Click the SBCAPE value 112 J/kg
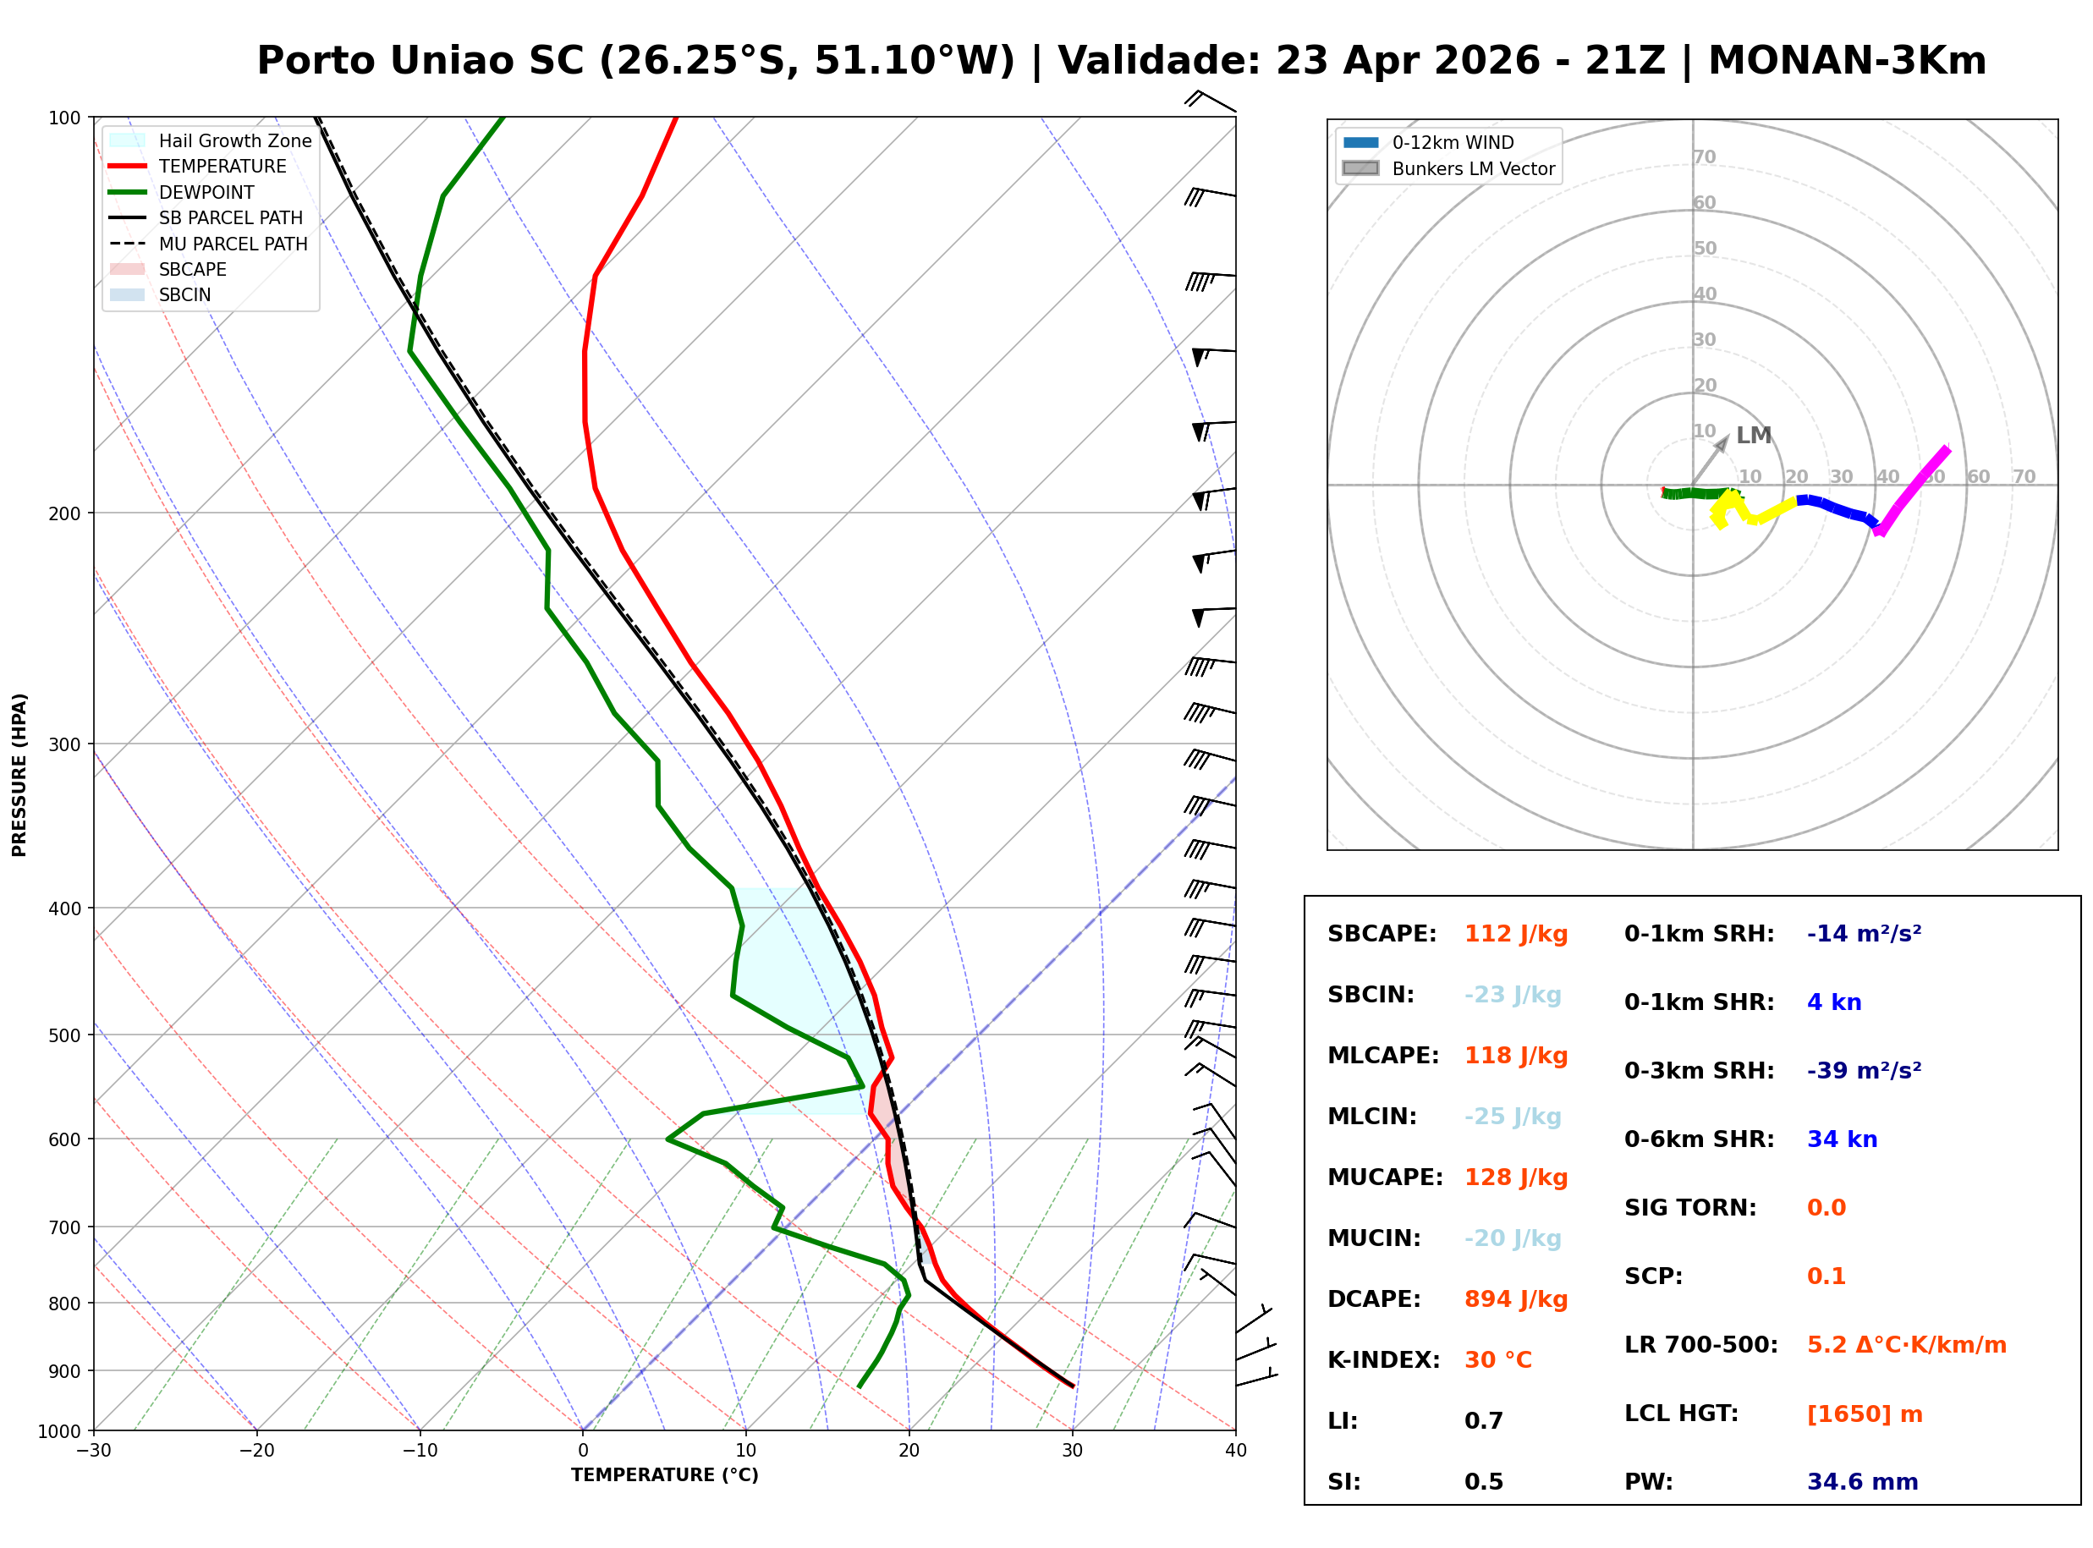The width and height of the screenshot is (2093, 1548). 1515,934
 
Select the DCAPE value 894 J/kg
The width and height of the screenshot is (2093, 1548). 1515,1299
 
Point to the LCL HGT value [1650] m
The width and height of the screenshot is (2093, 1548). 1865,1414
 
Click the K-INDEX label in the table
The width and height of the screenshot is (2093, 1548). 1383,1360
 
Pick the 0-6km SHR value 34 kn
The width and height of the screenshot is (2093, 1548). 1842,1139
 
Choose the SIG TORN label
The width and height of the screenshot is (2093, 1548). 1690,1208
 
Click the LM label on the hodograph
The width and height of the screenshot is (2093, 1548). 1753,436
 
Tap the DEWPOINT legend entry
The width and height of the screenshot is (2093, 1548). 206,192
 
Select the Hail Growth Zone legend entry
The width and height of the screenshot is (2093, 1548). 234,140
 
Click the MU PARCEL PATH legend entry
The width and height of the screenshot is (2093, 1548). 233,244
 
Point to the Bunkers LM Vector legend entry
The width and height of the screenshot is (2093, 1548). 1473,168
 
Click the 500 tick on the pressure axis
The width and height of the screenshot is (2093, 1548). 66,1035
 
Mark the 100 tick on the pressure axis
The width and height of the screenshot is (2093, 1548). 66,117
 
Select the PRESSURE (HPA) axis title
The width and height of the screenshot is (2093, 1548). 19,775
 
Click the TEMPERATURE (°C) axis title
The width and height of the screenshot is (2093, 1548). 664,1476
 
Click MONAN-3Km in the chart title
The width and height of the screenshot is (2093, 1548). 1847,61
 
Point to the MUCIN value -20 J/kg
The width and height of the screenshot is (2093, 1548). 1512,1238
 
